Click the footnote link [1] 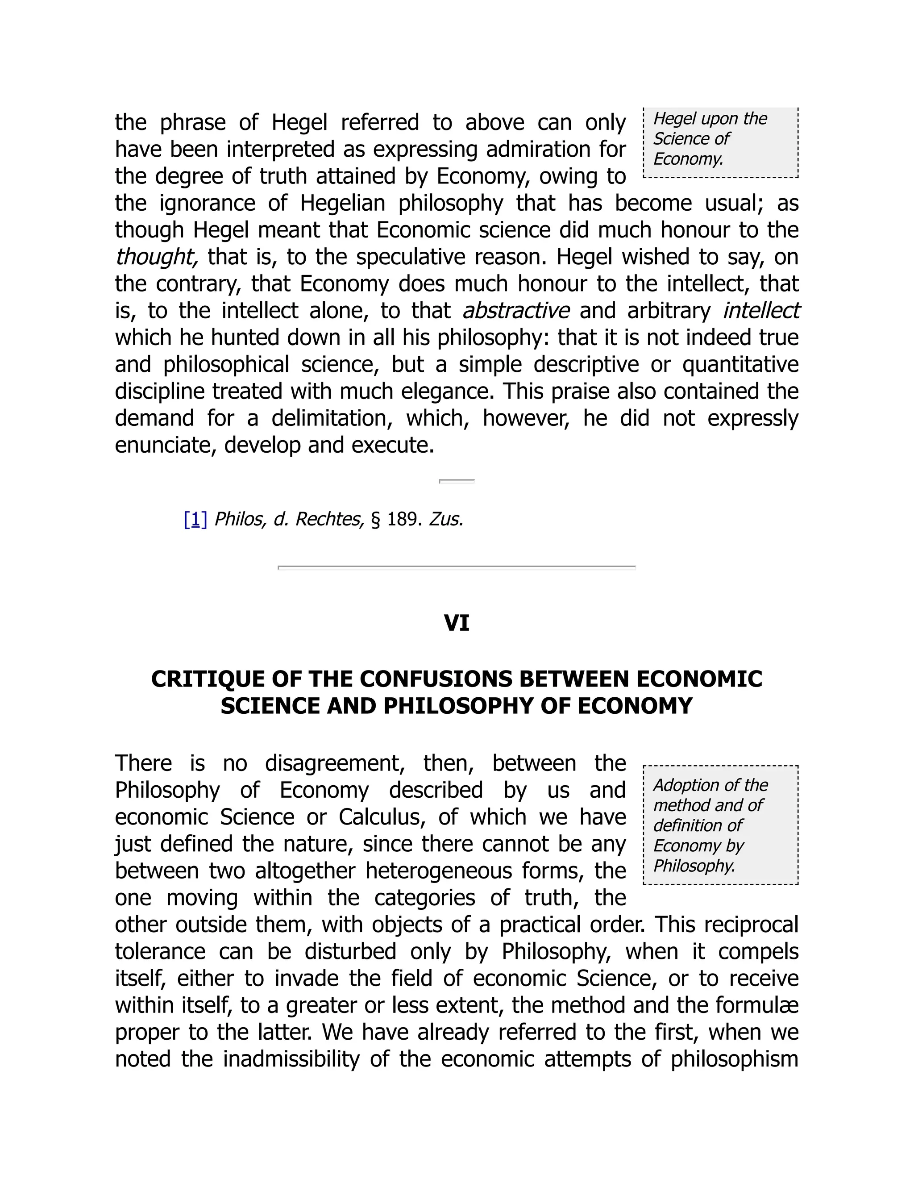click(x=195, y=520)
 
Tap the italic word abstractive click(x=515, y=311)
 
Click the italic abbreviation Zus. click(x=446, y=520)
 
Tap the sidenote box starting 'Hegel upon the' click(x=720, y=142)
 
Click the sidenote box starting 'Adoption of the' click(x=720, y=825)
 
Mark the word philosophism click(x=734, y=1059)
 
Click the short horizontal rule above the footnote click(x=457, y=481)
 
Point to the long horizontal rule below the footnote click(x=457, y=567)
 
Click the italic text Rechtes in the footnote click(x=329, y=520)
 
